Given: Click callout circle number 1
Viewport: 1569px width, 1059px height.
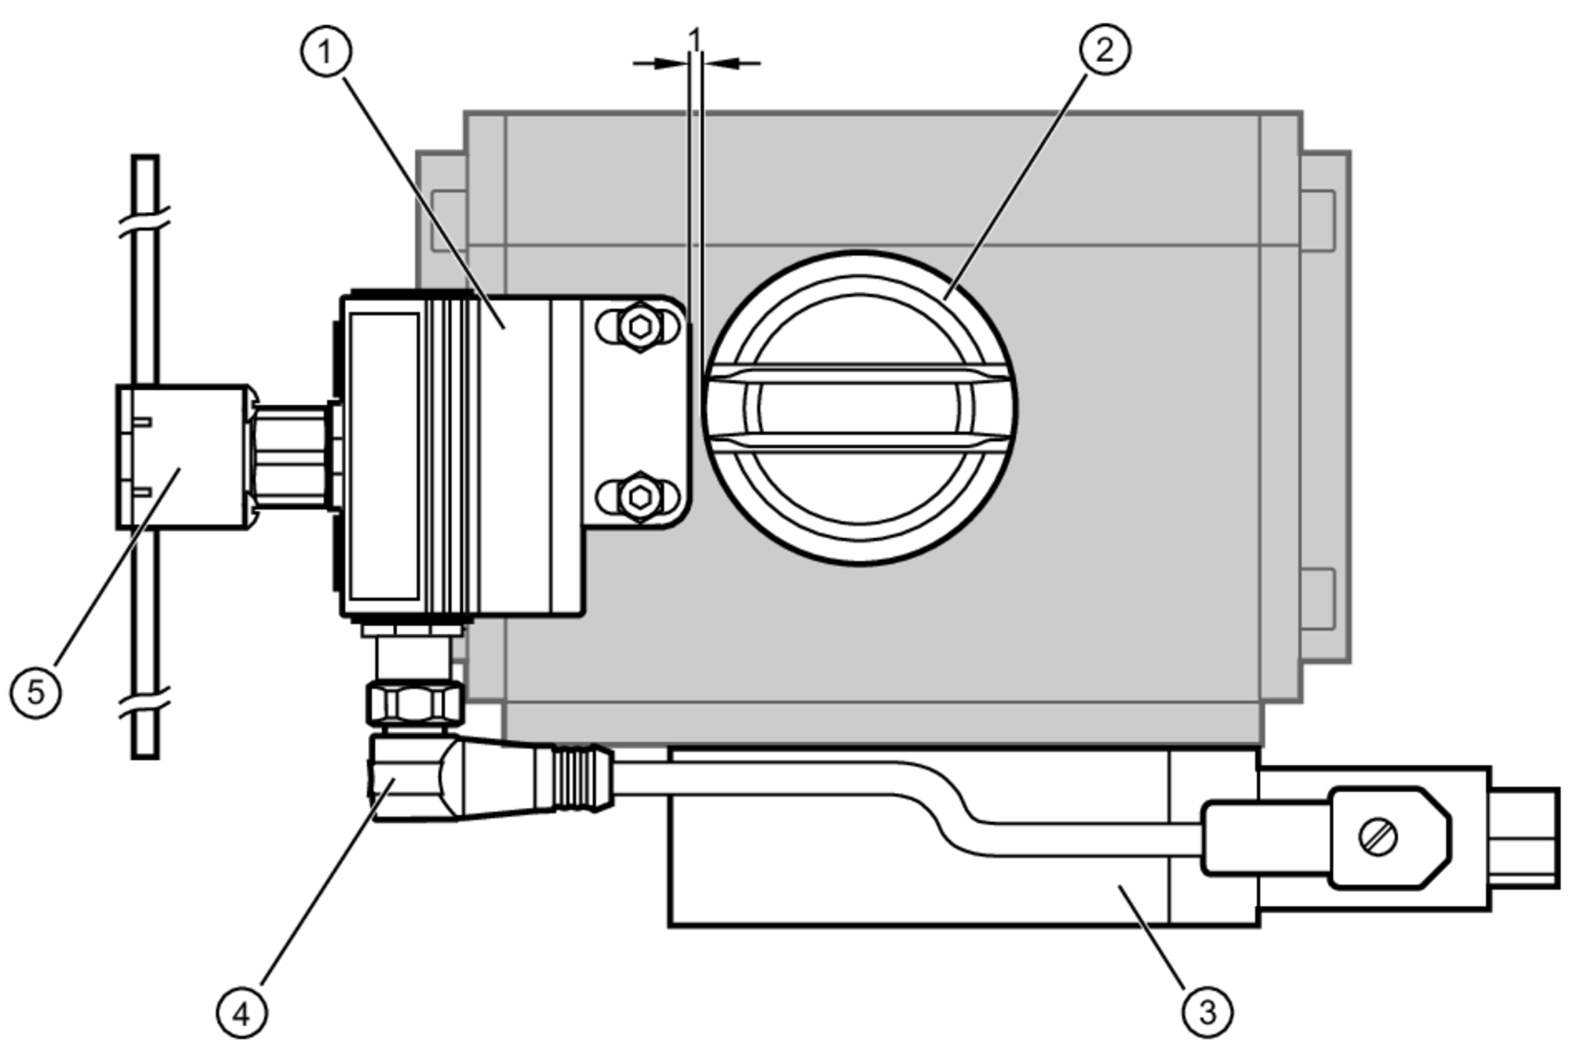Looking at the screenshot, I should [x=326, y=52].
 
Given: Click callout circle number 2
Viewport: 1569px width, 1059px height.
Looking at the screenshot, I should [x=1105, y=49].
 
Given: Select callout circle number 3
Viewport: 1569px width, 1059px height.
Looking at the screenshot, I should [x=1207, y=1012].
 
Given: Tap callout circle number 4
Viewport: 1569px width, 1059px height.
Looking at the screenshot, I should [x=242, y=1014].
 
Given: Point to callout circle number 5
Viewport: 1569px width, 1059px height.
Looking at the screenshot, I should [x=36, y=692].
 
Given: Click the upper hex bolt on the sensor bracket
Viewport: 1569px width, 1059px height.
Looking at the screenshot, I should [x=639, y=326].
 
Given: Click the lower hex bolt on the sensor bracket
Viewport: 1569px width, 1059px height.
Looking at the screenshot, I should [x=639, y=497].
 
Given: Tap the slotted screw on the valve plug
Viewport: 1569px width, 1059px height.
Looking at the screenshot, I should [x=1378, y=837].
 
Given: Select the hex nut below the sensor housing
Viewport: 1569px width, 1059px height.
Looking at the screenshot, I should [x=415, y=702].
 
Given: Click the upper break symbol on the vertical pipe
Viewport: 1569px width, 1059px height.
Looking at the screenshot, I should [x=145, y=222].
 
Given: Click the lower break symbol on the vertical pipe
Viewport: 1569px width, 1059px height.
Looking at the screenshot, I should [x=145, y=703].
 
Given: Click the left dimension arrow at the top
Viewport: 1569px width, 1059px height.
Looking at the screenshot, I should [x=659, y=64].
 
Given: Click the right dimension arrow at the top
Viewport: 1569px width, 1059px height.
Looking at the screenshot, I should [x=734, y=64].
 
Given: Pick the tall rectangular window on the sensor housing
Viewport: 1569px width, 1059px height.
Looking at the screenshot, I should [x=384, y=457].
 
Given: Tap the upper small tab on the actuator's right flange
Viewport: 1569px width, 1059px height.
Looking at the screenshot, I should [x=1318, y=221].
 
